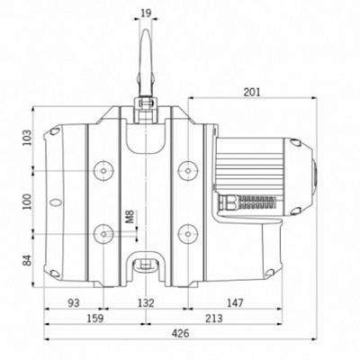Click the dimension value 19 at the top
click(x=146, y=13)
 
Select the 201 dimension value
click(x=252, y=92)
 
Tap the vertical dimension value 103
click(x=27, y=138)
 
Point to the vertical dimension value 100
click(x=27, y=202)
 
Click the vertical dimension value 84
click(x=27, y=260)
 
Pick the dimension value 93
click(x=74, y=303)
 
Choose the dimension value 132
click(x=146, y=303)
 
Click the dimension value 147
click(x=235, y=303)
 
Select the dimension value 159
click(x=94, y=319)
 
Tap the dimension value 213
click(x=214, y=319)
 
